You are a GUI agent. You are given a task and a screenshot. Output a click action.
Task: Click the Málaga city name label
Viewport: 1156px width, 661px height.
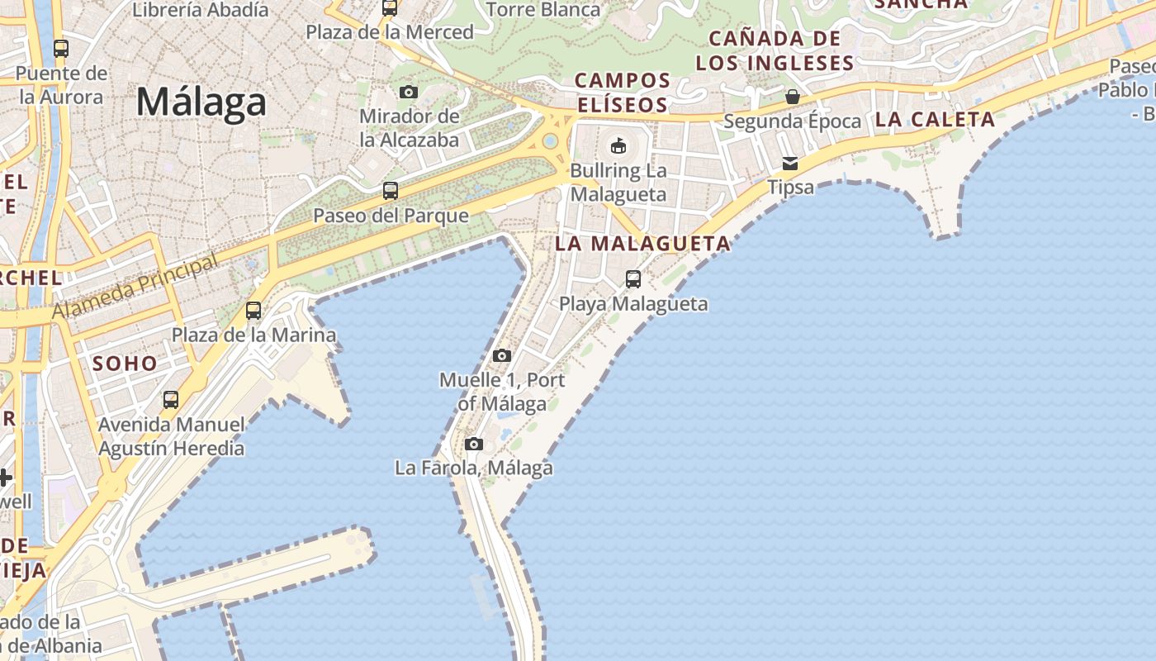coord(201,102)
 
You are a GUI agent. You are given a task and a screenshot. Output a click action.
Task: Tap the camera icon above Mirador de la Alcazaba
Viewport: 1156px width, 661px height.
coord(409,92)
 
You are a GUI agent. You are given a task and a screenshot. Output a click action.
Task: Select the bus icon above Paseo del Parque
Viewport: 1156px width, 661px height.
coord(391,191)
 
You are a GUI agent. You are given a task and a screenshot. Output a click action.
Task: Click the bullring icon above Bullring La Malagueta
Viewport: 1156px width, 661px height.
coord(618,146)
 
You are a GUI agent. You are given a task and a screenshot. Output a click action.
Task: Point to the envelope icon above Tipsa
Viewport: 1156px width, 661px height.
coord(790,163)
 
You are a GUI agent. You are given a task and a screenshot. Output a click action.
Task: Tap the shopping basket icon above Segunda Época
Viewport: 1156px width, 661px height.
coord(792,97)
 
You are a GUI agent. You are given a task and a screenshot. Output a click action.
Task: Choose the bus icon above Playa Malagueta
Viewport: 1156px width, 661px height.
coord(633,279)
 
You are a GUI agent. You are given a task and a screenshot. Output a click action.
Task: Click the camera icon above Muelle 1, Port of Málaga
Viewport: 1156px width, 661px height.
coord(501,356)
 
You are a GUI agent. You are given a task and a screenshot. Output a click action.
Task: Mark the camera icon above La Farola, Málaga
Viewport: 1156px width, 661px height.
coord(473,444)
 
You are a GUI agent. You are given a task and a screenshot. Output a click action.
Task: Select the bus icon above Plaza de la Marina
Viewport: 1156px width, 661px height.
coord(253,311)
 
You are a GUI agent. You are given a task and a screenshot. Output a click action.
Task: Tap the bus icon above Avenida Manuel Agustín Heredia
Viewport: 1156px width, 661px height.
coord(171,400)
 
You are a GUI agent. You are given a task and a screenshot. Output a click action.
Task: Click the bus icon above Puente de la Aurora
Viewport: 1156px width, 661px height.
coord(61,49)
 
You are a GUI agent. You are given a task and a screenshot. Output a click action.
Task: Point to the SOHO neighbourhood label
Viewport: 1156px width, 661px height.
coord(125,364)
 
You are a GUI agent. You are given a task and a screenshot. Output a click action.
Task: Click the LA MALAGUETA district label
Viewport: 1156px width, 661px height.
coord(642,244)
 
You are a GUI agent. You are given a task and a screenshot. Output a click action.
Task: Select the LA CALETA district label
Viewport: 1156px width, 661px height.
coord(935,120)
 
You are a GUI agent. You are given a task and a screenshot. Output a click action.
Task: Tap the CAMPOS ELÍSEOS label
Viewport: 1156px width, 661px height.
coord(623,93)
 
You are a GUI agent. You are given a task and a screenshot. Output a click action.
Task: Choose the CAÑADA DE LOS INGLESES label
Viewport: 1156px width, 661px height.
coord(775,50)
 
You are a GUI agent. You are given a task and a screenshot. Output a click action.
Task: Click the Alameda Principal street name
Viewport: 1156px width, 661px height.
coord(137,286)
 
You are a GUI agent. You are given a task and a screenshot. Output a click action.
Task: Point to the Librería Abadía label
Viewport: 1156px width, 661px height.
coord(201,10)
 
